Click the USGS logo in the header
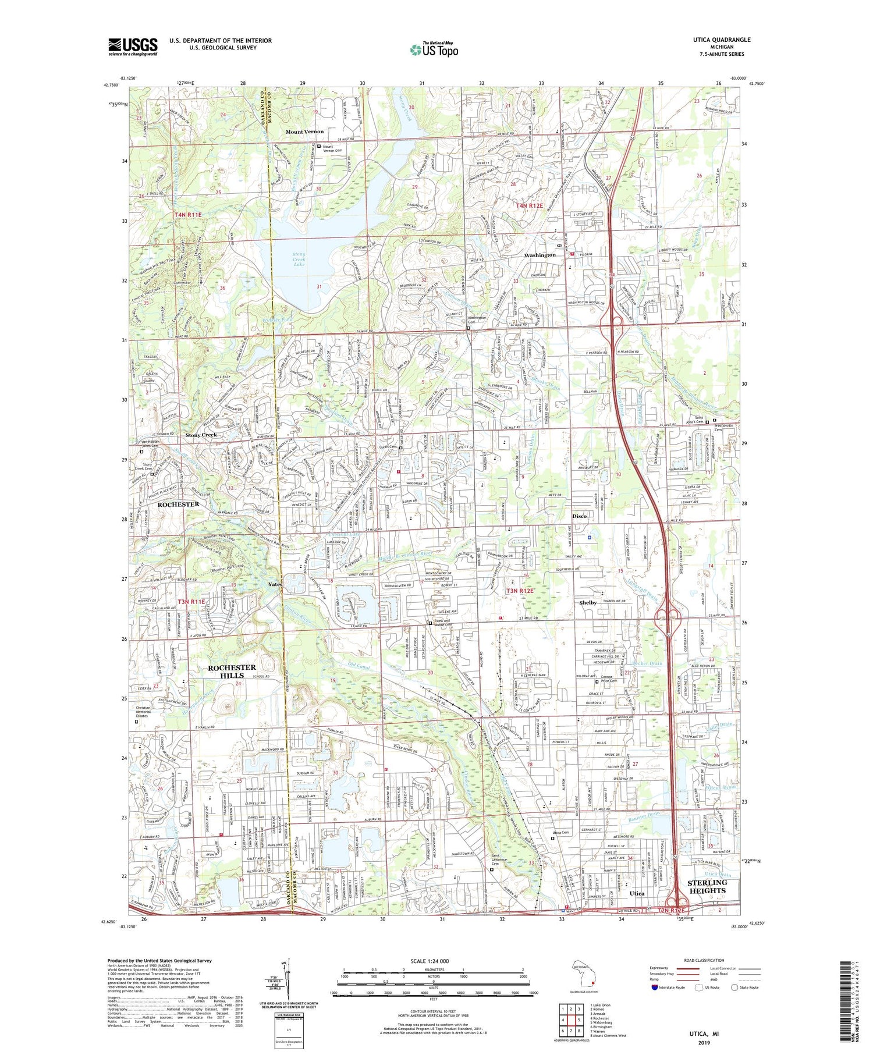tap(133, 47)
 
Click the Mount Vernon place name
tap(304, 132)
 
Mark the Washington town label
tap(540, 255)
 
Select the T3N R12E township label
tap(520, 591)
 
